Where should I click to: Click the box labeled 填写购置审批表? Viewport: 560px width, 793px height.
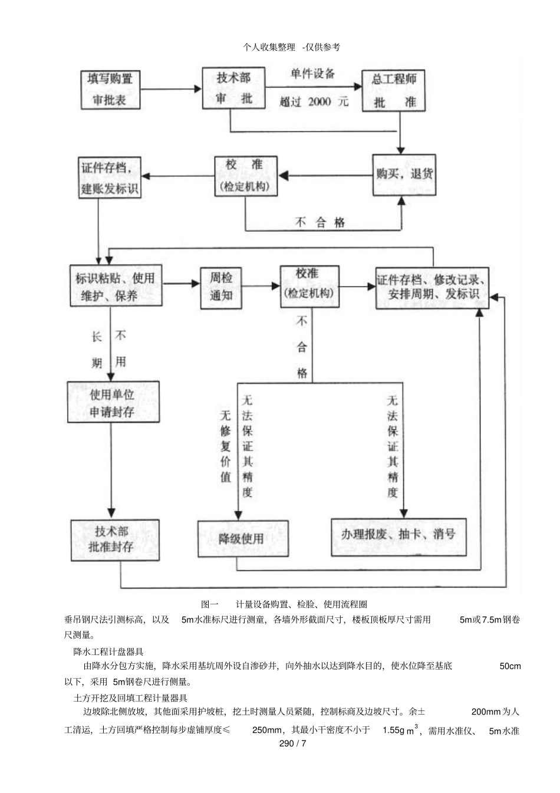[111, 90]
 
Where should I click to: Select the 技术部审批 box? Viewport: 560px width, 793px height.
[234, 88]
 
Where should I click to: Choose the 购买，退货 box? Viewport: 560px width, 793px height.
[404, 175]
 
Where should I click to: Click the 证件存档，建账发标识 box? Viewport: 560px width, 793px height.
[110, 177]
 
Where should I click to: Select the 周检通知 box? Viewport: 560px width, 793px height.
[221, 287]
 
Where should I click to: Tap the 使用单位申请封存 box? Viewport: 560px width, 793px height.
[113, 403]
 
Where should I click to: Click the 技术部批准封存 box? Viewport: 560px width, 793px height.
[115, 539]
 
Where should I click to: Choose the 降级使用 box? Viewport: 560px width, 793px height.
[243, 539]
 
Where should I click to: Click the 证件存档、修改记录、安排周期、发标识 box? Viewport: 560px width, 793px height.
[432, 288]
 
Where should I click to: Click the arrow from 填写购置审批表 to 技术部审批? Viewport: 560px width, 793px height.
[171, 90]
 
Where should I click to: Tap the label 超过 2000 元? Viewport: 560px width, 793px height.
[314, 102]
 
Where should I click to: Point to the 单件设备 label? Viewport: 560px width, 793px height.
[313, 74]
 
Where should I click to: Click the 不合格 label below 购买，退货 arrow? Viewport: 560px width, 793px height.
[321, 222]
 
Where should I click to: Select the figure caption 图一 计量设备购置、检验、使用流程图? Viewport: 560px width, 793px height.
[284, 604]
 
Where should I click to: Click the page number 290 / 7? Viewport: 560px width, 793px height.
[293, 743]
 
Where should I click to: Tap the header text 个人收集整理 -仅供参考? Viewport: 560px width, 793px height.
[292, 47]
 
